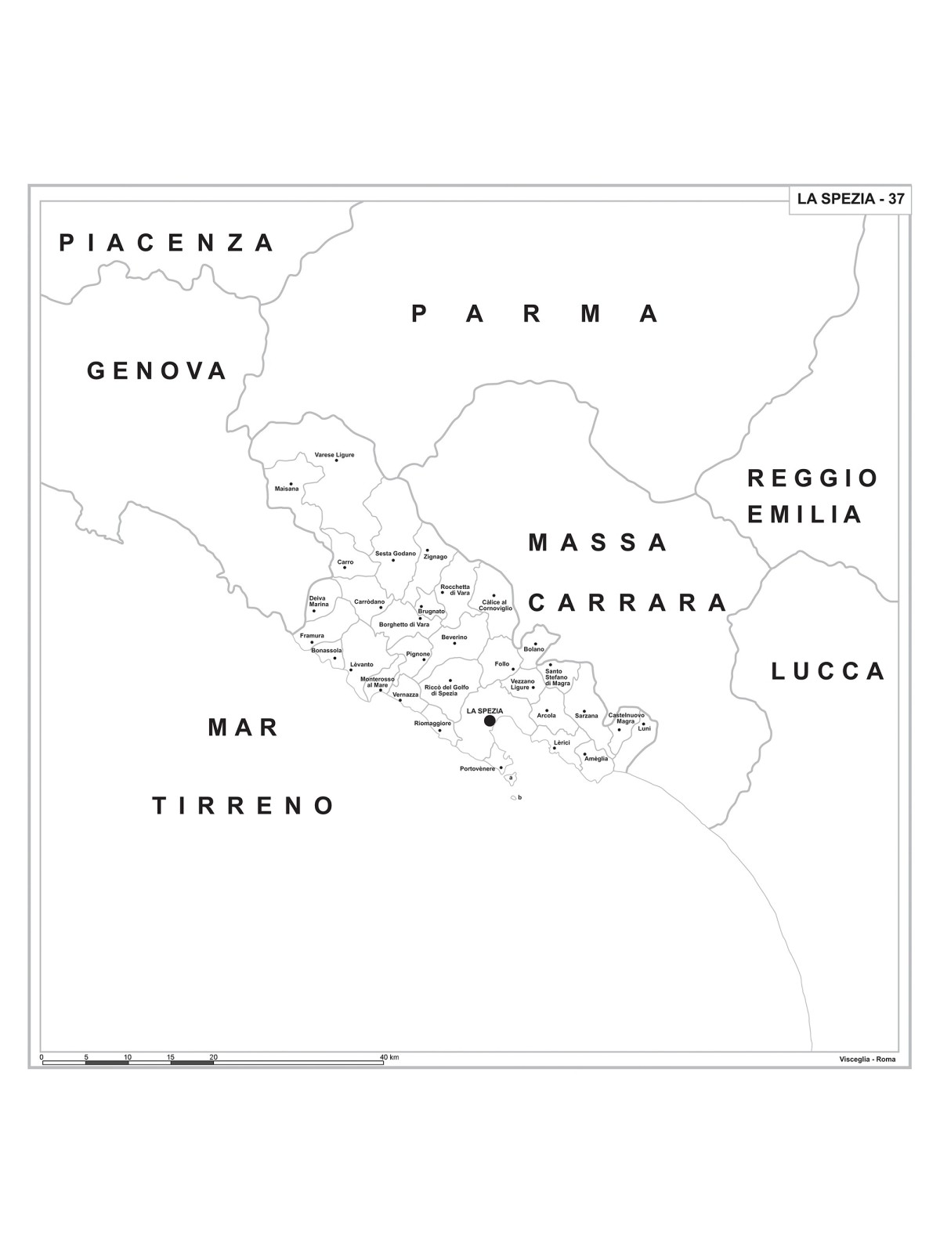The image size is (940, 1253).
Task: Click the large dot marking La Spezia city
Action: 490,720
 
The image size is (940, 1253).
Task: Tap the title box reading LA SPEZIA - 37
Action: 850,199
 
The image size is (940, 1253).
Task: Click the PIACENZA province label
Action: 167,243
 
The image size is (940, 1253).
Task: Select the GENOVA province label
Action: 157,370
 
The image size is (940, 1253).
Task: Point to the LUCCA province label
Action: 828,671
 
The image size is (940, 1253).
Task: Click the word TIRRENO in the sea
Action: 244,805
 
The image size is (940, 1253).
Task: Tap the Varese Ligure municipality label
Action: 334,455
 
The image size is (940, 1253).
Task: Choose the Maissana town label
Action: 287,489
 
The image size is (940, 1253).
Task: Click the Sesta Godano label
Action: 395,554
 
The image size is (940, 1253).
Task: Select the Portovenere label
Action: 477,769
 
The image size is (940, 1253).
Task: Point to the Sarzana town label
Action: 586,716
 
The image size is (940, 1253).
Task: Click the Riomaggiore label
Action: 432,724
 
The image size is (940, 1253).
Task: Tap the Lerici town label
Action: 562,742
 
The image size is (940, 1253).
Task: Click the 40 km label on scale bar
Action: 389,1057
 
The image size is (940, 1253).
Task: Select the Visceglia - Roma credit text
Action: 866,1060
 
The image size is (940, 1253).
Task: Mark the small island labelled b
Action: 514,798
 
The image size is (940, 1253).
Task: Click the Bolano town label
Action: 533,649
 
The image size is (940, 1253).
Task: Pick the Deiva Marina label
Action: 319,601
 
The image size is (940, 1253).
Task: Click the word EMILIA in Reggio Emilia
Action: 804,515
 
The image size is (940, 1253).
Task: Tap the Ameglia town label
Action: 596,759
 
